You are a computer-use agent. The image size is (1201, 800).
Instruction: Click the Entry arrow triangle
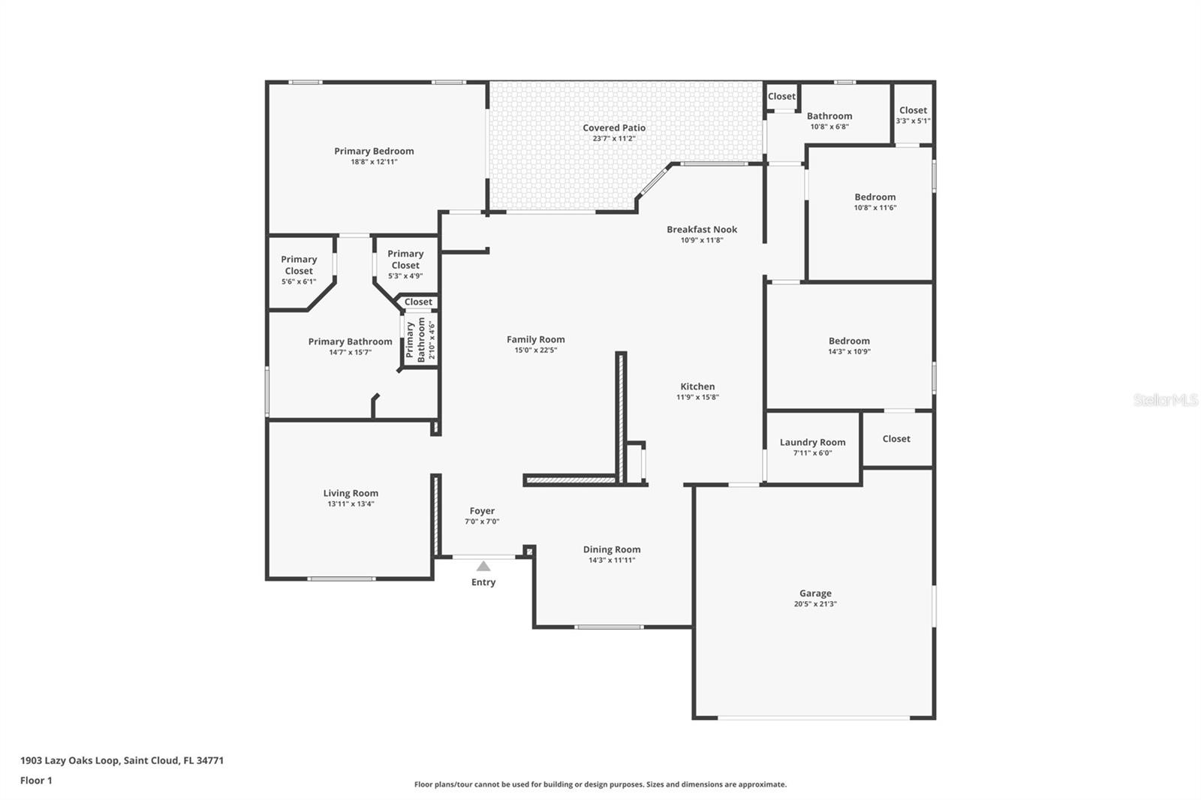(483, 566)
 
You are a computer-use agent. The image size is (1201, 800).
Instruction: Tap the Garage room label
(815, 593)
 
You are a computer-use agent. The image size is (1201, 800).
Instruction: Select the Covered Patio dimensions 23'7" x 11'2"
(614, 138)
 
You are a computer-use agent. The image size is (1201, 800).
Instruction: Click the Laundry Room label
(812, 442)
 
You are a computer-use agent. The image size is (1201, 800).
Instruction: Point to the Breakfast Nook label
(702, 230)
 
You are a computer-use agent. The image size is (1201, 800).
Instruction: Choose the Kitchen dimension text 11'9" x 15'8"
(697, 397)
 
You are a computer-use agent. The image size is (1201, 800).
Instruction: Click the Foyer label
(482, 511)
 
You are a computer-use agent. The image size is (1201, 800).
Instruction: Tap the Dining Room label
(612, 549)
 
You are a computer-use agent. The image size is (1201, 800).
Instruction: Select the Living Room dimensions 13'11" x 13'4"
(351, 504)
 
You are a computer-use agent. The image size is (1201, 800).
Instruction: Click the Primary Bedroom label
(374, 151)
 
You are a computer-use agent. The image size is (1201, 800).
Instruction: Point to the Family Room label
(536, 339)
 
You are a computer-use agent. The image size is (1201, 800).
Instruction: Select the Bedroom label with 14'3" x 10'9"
(849, 341)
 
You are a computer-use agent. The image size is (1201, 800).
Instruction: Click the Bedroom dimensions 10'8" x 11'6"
(875, 208)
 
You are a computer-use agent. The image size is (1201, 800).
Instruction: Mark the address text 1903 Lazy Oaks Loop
(70, 760)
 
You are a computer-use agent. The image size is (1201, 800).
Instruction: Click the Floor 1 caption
(37, 780)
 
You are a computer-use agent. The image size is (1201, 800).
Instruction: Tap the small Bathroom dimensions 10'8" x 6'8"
(829, 127)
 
